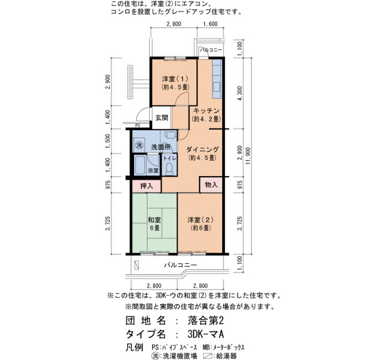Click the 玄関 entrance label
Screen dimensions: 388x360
(x=162, y=117)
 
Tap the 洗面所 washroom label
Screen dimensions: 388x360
(x=161, y=147)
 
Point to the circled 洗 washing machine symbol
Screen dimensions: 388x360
(x=139, y=145)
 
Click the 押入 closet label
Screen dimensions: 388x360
(x=146, y=186)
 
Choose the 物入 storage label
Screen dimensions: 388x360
(x=211, y=184)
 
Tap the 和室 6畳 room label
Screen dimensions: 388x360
(x=155, y=224)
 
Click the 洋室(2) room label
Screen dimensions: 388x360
(x=200, y=224)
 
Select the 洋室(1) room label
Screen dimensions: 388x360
(x=175, y=83)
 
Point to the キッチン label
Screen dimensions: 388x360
(x=206, y=111)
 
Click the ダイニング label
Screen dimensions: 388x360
(x=202, y=150)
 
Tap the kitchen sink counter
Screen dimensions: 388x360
(x=217, y=79)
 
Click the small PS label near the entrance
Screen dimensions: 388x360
(x=138, y=126)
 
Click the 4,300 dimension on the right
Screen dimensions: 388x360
(x=240, y=93)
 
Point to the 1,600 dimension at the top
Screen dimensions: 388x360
(x=210, y=24)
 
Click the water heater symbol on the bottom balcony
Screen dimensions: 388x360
(x=136, y=265)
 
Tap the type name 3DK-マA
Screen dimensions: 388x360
(x=206, y=334)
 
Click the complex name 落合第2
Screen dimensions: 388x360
(x=206, y=321)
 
